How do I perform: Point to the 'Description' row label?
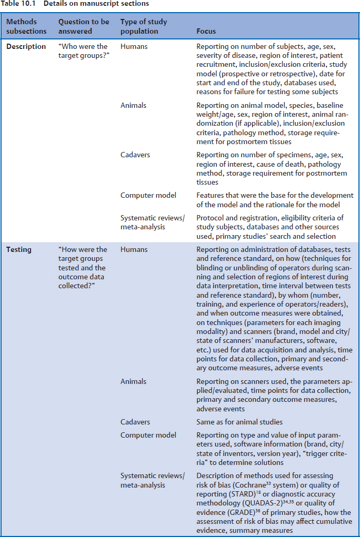26,47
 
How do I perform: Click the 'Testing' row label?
18,250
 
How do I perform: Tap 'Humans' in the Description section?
134,47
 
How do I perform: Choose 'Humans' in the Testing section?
134,250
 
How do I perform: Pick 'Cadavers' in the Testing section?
135,422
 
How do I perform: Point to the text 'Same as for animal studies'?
239,422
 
